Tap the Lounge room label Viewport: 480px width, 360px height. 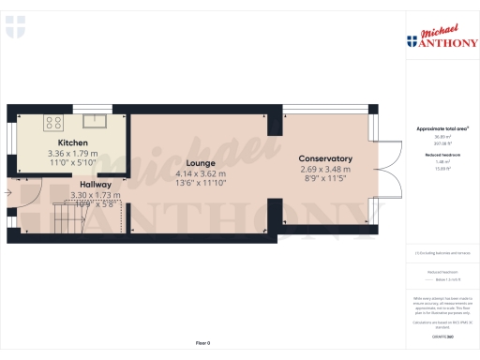[201, 163]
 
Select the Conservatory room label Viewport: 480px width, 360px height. [325, 158]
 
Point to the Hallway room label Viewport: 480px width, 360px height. [96, 185]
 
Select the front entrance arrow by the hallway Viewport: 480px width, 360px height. [7, 193]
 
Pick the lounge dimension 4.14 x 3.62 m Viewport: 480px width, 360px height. [201, 173]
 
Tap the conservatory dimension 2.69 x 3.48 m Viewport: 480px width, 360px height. [325, 169]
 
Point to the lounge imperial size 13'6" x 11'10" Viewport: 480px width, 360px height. [201, 184]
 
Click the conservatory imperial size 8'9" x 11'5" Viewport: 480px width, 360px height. [325, 179]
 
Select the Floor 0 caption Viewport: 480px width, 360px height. [202, 344]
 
